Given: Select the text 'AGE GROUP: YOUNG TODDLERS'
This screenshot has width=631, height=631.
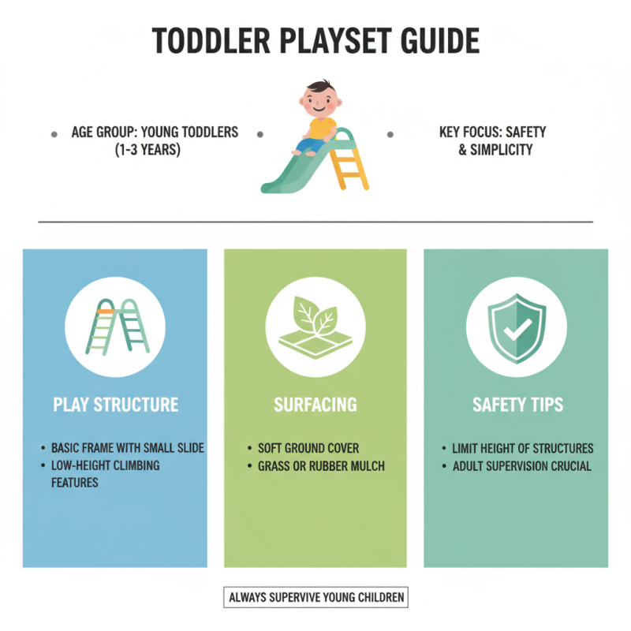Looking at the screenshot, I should [155, 133].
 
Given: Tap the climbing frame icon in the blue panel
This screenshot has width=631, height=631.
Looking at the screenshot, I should [115, 326].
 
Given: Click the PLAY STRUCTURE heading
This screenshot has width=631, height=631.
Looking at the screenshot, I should [115, 405].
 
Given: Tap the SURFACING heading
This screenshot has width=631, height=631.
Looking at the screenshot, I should [315, 405].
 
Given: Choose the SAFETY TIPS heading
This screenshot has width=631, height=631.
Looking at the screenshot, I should [517, 405].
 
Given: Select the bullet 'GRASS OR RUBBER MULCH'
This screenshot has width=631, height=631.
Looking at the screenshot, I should [321, 466].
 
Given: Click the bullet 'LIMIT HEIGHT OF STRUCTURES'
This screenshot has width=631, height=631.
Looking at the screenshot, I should [523, 448].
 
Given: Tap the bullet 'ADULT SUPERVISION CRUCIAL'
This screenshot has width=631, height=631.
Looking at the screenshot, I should [521, 466].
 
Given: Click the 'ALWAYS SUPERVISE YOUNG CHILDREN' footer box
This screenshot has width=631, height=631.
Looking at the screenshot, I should [315, 597].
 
